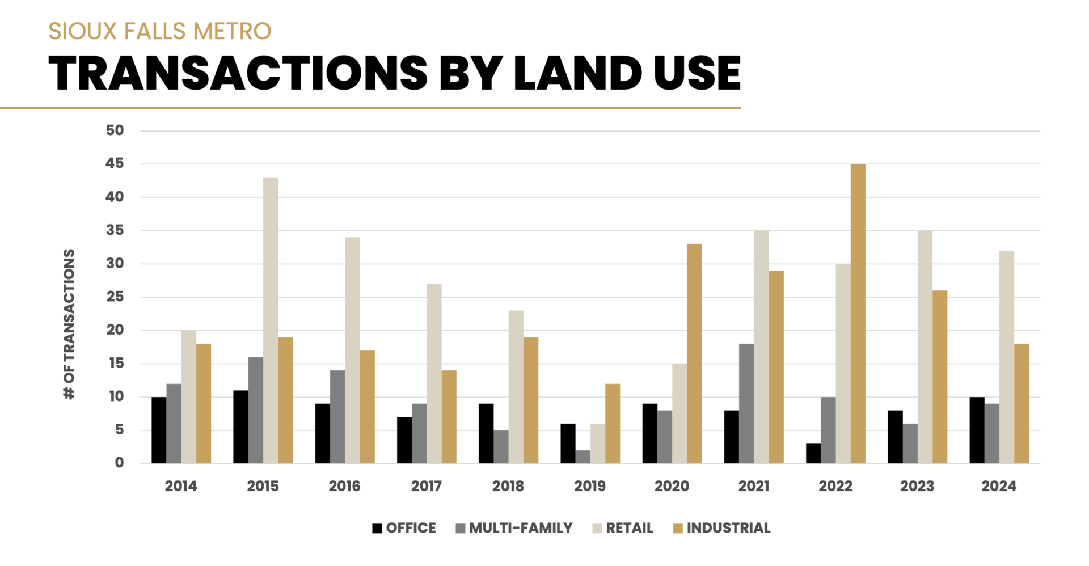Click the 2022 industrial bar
pyautogui.click(x=858, y=314)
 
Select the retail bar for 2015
pyautogui.click(x=271, y=320)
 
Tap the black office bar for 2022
pyautogui.click(x=813, y=453)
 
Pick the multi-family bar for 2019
pyautogui.click(x=583, y=457)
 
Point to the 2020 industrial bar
pyautogui.click(x=694, y=353)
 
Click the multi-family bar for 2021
pyautogui.click(x=746, y=403)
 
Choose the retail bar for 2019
pyautogui.click(x=597, y=443)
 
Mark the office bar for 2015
pyautogui.click(x=240, y=426)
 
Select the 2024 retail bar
pyautogui.click(x=1006, y=357)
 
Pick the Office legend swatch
pyautogui.click(x=377, y=529)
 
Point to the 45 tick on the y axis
pyautogui.click(x=115, y=164)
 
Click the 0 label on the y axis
pyautogui.click(x=119, y=463)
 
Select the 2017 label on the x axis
pyautogui.click(x=426, y=486)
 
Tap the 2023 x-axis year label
pyautogui.click(x=917, y=486)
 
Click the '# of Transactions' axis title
pyautogui.click(x=69, y=324)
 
